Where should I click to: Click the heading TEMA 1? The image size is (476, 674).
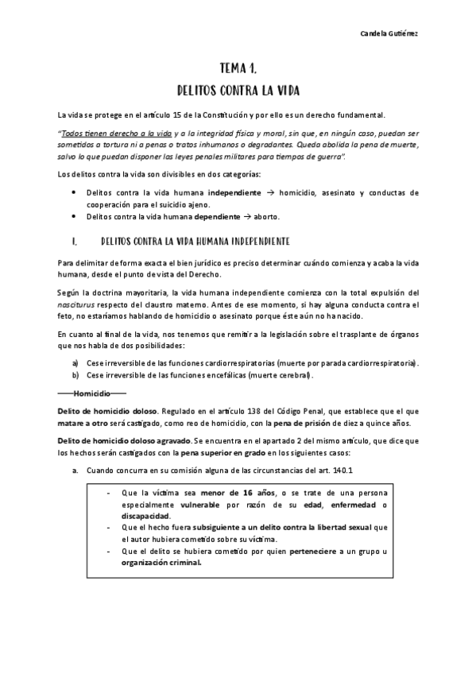[238, 68]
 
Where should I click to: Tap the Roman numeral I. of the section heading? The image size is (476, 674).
[73, 241]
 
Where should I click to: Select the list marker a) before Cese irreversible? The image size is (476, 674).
[75, 362]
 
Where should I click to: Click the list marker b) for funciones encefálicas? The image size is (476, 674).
[75, 374]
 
